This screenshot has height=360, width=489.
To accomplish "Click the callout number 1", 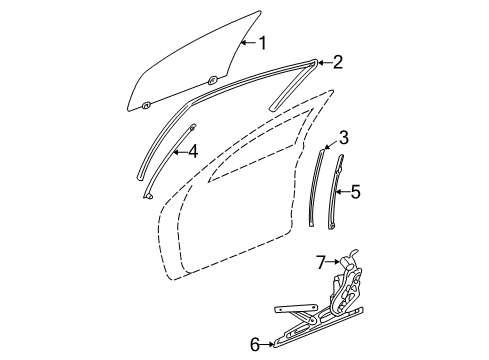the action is point(263,43).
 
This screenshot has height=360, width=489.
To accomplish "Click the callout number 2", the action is point(337,63).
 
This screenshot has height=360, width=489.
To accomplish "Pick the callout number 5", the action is point(354,191).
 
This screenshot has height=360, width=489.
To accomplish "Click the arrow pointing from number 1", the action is point(249,43).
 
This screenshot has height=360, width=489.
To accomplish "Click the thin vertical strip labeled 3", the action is point(321,200).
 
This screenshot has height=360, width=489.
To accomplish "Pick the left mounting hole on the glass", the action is point(146,104).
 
